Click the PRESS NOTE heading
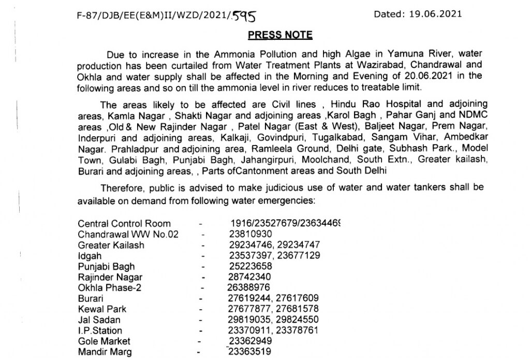280,35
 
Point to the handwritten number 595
243,17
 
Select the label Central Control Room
124,224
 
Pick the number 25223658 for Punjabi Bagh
251,266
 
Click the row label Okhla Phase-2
107,287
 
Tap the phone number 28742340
251,277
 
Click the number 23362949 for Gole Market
251,341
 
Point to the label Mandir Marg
105,352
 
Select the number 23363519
249,352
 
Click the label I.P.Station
100,330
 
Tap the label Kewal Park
102,309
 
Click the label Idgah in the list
90,256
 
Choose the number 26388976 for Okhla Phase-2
248,287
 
